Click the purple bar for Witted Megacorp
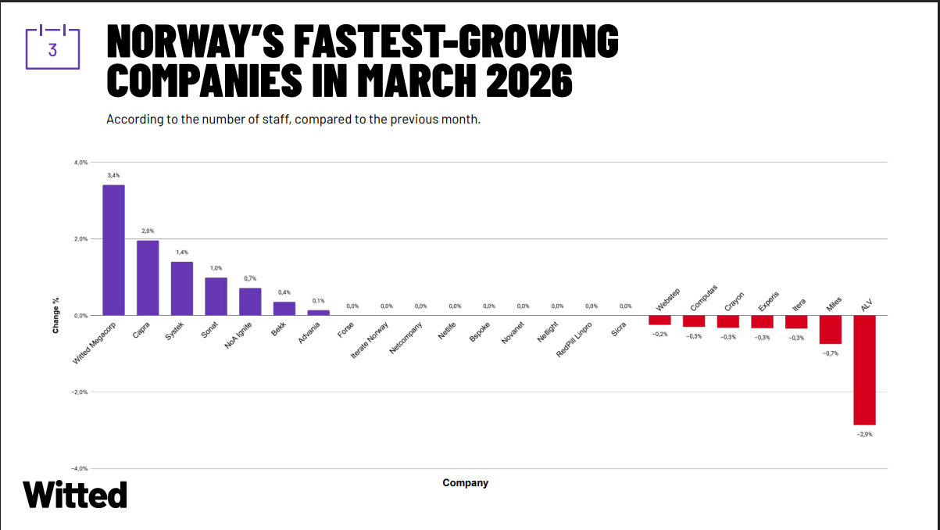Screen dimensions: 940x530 114,250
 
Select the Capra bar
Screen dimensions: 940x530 148,278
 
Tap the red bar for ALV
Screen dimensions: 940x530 864,370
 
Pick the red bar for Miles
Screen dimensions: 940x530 831,330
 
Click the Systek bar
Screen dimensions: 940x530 182,289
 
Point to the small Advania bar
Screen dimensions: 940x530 319,313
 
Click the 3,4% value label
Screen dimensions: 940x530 113,175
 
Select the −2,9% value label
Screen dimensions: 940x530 864,435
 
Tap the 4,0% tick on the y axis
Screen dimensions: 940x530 81,163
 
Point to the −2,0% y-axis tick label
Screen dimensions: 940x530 80,392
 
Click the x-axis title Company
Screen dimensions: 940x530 466,483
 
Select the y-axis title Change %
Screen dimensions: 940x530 55,315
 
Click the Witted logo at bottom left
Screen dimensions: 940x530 75,495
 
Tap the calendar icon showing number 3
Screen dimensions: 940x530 52,47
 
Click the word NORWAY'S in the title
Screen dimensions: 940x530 195,41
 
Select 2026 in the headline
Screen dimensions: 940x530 529,81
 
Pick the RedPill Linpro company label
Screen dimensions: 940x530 574,340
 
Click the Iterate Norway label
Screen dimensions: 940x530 370,340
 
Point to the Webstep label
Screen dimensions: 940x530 667,300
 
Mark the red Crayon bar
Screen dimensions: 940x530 728,322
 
